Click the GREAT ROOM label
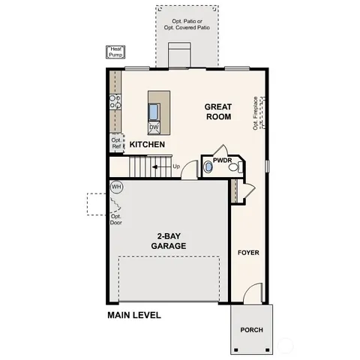point(217,112)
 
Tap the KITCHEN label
point(147,144)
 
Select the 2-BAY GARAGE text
point(168,240)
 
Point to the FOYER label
point(248,253)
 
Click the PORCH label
point(251,330)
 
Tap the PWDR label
point(222,160)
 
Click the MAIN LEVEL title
point(133,316)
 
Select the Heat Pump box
point(116,52)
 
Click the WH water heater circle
point(116,186)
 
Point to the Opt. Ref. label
point(116,142)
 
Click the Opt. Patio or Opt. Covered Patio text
point(189,23)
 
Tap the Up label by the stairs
point(176,166)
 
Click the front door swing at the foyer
point(253,292)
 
